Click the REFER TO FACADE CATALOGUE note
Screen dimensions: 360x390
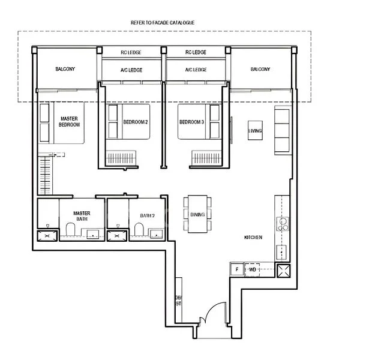pyautogui.click(x=163, y=22)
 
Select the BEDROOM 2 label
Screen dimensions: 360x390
pyautogui.click(x=135, y=122)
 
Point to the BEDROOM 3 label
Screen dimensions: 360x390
pyautogui.click(x=192, y=122)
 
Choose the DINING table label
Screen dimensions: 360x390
pyautogui.click(x=197, y=215)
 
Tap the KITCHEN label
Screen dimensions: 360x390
pyautogui.click(x=253, y=238)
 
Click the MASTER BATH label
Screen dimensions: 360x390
pyautogui.click(x=82, y=216)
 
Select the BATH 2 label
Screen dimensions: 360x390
pyautogui.click(x=148, y=215)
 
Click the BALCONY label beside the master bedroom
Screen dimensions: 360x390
pyautogui.click(x=65, y=69)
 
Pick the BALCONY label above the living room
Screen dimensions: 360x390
pyautogui.click(x=260, y=69)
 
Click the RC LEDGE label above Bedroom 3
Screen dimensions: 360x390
pyautogui.click(x=196, y=52)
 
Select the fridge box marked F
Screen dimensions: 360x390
pyautogui.click(x=237, y=269)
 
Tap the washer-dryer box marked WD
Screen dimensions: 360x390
pyautogui.click(x=253, y=269)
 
